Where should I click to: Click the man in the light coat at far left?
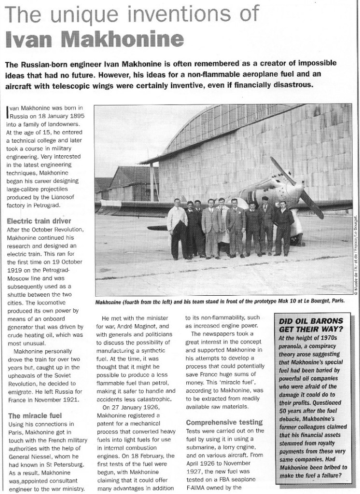tap(177, 227)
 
